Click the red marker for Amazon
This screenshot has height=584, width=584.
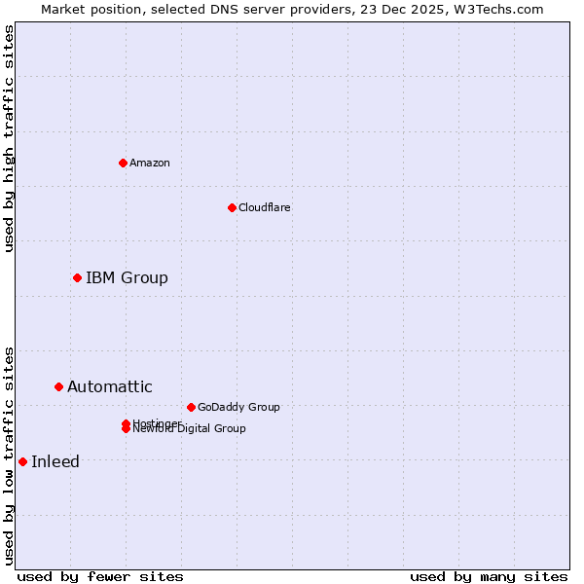pos(123,163)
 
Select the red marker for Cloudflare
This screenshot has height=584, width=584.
pos(232,207)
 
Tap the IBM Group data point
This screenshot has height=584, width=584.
pos(77,278)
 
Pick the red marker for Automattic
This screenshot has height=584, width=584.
pos(58,387)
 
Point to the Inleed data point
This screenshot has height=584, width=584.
pos(22,462)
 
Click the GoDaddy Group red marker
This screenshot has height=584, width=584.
pos(191,407)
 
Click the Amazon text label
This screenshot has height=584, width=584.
pos(150,163)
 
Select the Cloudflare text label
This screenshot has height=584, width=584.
pos(265,207)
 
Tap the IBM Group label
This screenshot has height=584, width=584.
pos(127,278)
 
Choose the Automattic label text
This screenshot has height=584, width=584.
pos(110,387)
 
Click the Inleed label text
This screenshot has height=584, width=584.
pos(55,462)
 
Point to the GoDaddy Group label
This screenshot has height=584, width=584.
pos(238,407)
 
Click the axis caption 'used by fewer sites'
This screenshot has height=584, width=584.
pos(100,576)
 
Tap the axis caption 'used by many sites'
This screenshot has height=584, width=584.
pos(489,576)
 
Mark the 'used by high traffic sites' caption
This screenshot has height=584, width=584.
pos(9,138)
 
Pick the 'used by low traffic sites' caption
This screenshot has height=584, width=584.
pos(9,455)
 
